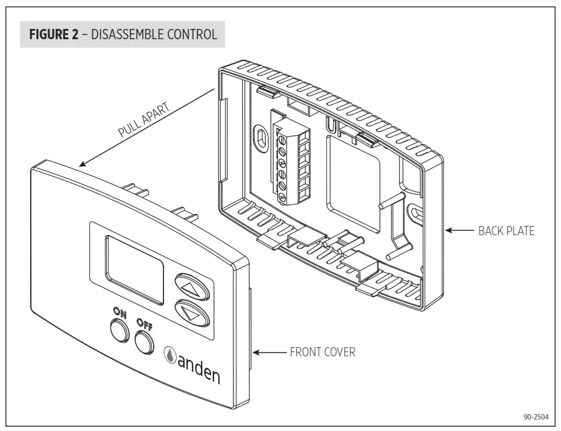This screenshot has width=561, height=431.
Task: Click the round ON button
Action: [120, 330]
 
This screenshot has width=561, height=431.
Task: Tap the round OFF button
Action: [146, 341]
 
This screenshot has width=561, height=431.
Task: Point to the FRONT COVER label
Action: [322, 352]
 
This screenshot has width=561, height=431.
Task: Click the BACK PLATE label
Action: [506, 230]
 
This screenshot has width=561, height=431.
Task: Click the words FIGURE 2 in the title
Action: [54, 34]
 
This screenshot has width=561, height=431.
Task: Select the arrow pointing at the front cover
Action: [271, 352]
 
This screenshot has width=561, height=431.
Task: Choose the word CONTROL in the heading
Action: [192, 34]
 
